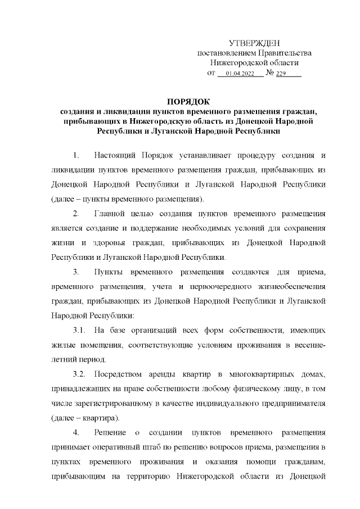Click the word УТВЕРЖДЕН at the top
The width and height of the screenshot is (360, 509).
(254, 43)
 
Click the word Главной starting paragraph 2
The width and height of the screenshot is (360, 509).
(114, 214)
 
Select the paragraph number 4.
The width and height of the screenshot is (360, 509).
(76, 434)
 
